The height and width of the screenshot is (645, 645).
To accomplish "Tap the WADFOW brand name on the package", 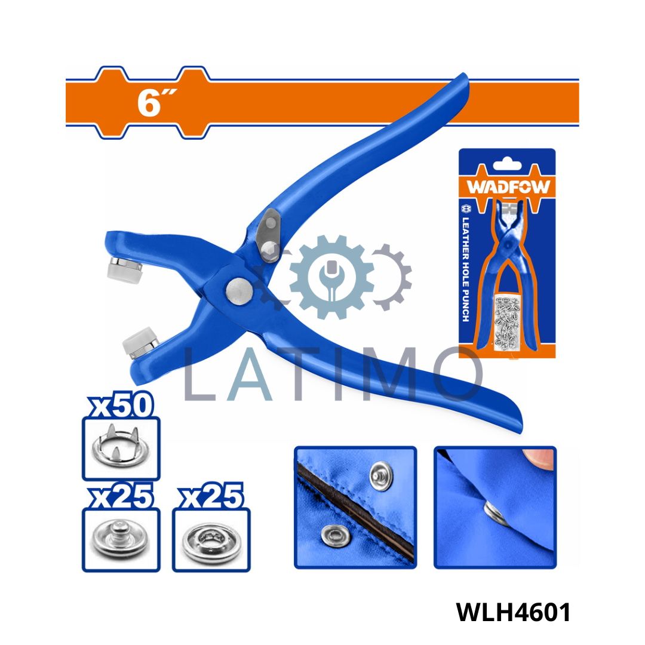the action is click(508, 187).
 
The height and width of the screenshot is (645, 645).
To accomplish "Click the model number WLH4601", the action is click(514, 612).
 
